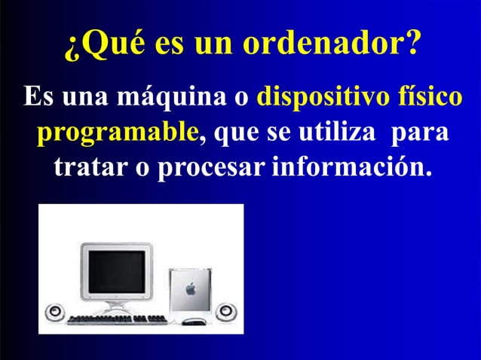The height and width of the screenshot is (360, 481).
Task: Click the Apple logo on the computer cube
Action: click(x=190, y=287)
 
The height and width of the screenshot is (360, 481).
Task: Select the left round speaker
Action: click(x=55, y=311)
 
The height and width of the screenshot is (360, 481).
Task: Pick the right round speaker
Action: click(x=225, y=311)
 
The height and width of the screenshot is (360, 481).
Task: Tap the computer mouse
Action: click(x=194, y=322)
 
